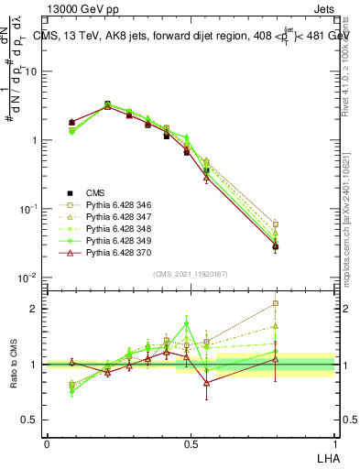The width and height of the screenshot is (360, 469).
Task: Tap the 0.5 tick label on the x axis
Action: pos(191,442)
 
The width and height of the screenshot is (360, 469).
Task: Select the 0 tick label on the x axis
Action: pos(47,442)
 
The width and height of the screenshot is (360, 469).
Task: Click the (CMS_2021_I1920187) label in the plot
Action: pos(191,273)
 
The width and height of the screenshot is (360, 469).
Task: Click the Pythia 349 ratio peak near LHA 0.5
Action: pos(187,323)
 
